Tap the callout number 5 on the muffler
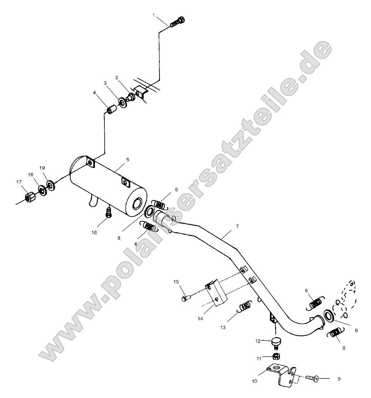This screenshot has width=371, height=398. pyautogui.click(x=128, y=159)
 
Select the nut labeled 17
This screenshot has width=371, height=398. pyautogui.click(x=29, y=197)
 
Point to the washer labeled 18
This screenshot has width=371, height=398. pyautogui.click(x=42, y=190)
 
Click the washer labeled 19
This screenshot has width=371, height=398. pyautogui.click(x=50, y=184)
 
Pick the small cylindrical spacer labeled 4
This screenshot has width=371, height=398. pyautogui.click(x=111, y=111)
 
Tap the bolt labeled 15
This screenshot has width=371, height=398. pyautogui.click(x=185, y=297)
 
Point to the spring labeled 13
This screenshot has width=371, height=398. pyautogui.click(x=245, y=306)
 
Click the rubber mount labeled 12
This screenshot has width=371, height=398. pyautogui.click(x=275, y=342)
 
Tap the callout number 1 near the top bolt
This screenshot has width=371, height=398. pyautogui.click(x=154, y=16)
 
